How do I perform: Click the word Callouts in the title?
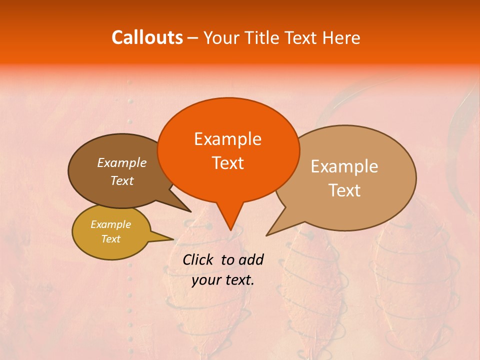[x=147, y=37]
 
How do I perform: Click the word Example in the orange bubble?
[x=227, y=139]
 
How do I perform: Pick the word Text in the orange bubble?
[x=227, y=163]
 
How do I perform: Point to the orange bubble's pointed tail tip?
[x=230, y=230]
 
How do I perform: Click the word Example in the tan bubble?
[x=344, y=166]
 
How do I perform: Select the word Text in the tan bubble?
[x=344, y=190]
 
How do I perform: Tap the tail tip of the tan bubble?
[x=266, y=235]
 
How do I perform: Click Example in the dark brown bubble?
[x=121, y=162]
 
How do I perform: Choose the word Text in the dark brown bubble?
[x=121, y=180]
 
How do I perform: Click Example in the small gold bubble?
[x=110, y=224]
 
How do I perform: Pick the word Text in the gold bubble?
[x=110, y=239]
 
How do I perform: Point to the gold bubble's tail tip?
[x=173, y=239]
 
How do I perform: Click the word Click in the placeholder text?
[x=198, y=259]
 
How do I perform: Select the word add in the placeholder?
[x=251, y=259]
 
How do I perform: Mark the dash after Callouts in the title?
[x=193, y=38]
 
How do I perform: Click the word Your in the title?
[x=221, y=37]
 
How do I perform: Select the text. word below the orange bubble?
[x=238, y=280]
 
